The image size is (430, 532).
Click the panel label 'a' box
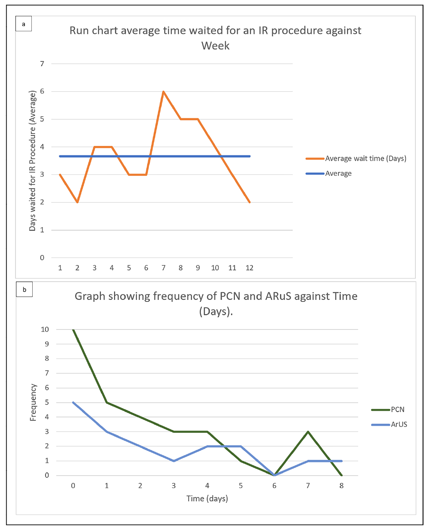point(24,24)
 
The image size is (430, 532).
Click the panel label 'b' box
point(24,290)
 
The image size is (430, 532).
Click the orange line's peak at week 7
point(163,91)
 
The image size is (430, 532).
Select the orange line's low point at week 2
point(78,202)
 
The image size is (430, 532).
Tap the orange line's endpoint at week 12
point(250,202)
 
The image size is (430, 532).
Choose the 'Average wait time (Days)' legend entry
point(366,158)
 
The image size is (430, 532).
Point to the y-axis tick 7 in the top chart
point(42,64)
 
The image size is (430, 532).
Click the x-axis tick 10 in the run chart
point(215,268)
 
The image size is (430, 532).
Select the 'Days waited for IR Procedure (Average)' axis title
point(33,161)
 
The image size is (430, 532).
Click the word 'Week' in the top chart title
point(215,45)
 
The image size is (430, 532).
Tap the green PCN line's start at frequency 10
point(73,330)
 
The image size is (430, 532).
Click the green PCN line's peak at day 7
point(308,432)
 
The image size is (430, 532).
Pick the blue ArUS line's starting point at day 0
point(73,402)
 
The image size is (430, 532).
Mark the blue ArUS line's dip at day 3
point(174,461)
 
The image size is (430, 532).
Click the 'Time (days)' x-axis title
point(207,499)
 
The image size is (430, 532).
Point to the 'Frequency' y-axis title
point(33,402)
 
